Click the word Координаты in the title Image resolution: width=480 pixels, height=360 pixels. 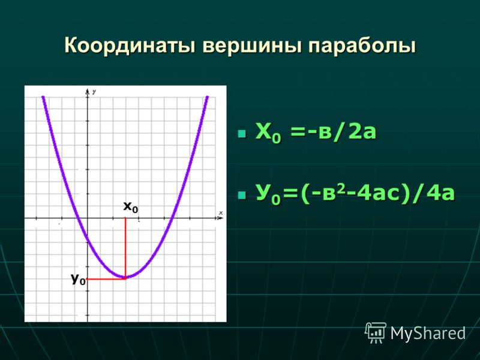[130, 46]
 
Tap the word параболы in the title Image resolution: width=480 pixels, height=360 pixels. [362, 46]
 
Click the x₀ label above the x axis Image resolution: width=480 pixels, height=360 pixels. [131, 207]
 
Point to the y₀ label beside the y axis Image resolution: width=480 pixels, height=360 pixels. [79, 279]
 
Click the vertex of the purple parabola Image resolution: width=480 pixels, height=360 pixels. [125, 277]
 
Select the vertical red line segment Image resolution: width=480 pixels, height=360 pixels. [125, 248]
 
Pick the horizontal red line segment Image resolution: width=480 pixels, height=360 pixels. [106, 279]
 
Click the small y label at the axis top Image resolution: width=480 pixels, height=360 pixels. [94, 92]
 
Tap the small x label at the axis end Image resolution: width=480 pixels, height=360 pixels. [221, 213]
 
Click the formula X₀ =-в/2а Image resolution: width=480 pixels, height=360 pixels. [316, 133]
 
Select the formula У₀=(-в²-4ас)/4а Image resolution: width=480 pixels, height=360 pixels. [355, 193]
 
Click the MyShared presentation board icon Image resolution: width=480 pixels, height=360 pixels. [376, 332]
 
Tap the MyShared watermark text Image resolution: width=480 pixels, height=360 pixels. [428, 333]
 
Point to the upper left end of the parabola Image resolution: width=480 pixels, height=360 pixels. [43, 97]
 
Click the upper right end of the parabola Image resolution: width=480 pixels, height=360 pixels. [207, 97]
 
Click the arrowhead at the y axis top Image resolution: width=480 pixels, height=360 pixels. [88, 91]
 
